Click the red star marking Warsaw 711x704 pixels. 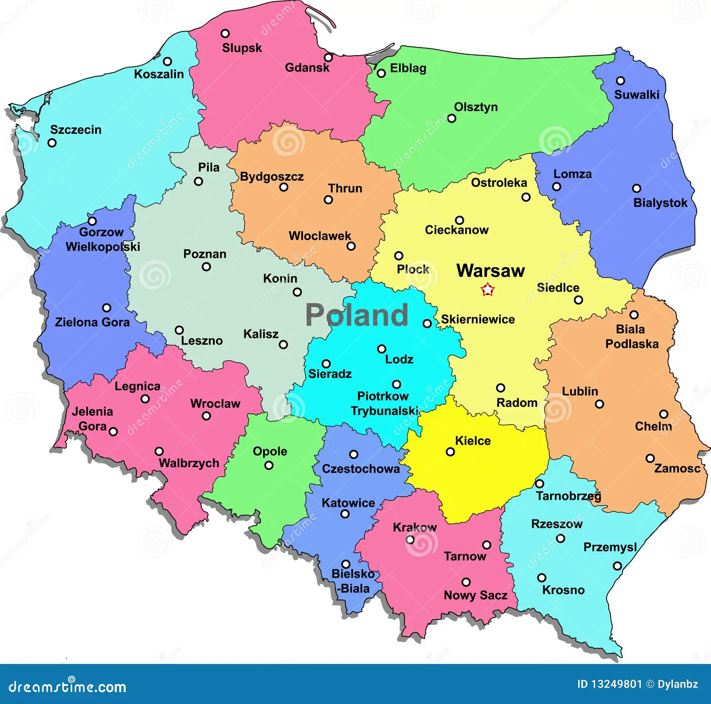tap(487, 290)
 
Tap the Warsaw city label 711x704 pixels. tap(491, 271)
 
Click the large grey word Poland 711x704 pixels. tap(357, 315)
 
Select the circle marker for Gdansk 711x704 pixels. tap(328, 57)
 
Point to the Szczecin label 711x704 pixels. tap(76, 130)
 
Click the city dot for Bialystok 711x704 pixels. tap(636, 189)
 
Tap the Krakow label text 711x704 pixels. tap(415, 527)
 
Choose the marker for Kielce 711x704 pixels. tap(450, 452)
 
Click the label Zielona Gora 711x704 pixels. tap(92, 322)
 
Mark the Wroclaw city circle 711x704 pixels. tap(206, 416)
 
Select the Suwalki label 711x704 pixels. tap(636, 95)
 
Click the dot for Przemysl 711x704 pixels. tap(617, 566)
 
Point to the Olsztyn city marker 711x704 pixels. tap(451, 118)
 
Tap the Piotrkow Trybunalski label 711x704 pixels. tap(384, 403)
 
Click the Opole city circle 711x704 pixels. tap(269, 465)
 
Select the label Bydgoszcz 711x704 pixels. tap(272, 177)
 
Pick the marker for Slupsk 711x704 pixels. tap(225, 33)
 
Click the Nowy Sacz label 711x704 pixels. tap(475, 595)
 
